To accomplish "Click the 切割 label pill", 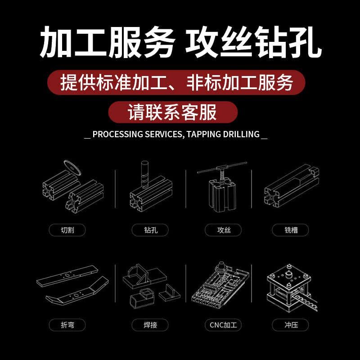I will [67, 230].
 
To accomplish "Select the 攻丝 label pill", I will [223, 230].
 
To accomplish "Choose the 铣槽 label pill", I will [291, 230].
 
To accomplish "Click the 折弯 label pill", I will [67, 324].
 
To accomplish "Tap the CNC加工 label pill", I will [223, 324].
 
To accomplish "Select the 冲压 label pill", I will [291, 324].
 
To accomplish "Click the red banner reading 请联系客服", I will [173, 112].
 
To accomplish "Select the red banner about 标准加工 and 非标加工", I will [176, 82].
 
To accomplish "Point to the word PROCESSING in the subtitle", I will [117, 134].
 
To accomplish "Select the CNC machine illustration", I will [219, 283].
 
